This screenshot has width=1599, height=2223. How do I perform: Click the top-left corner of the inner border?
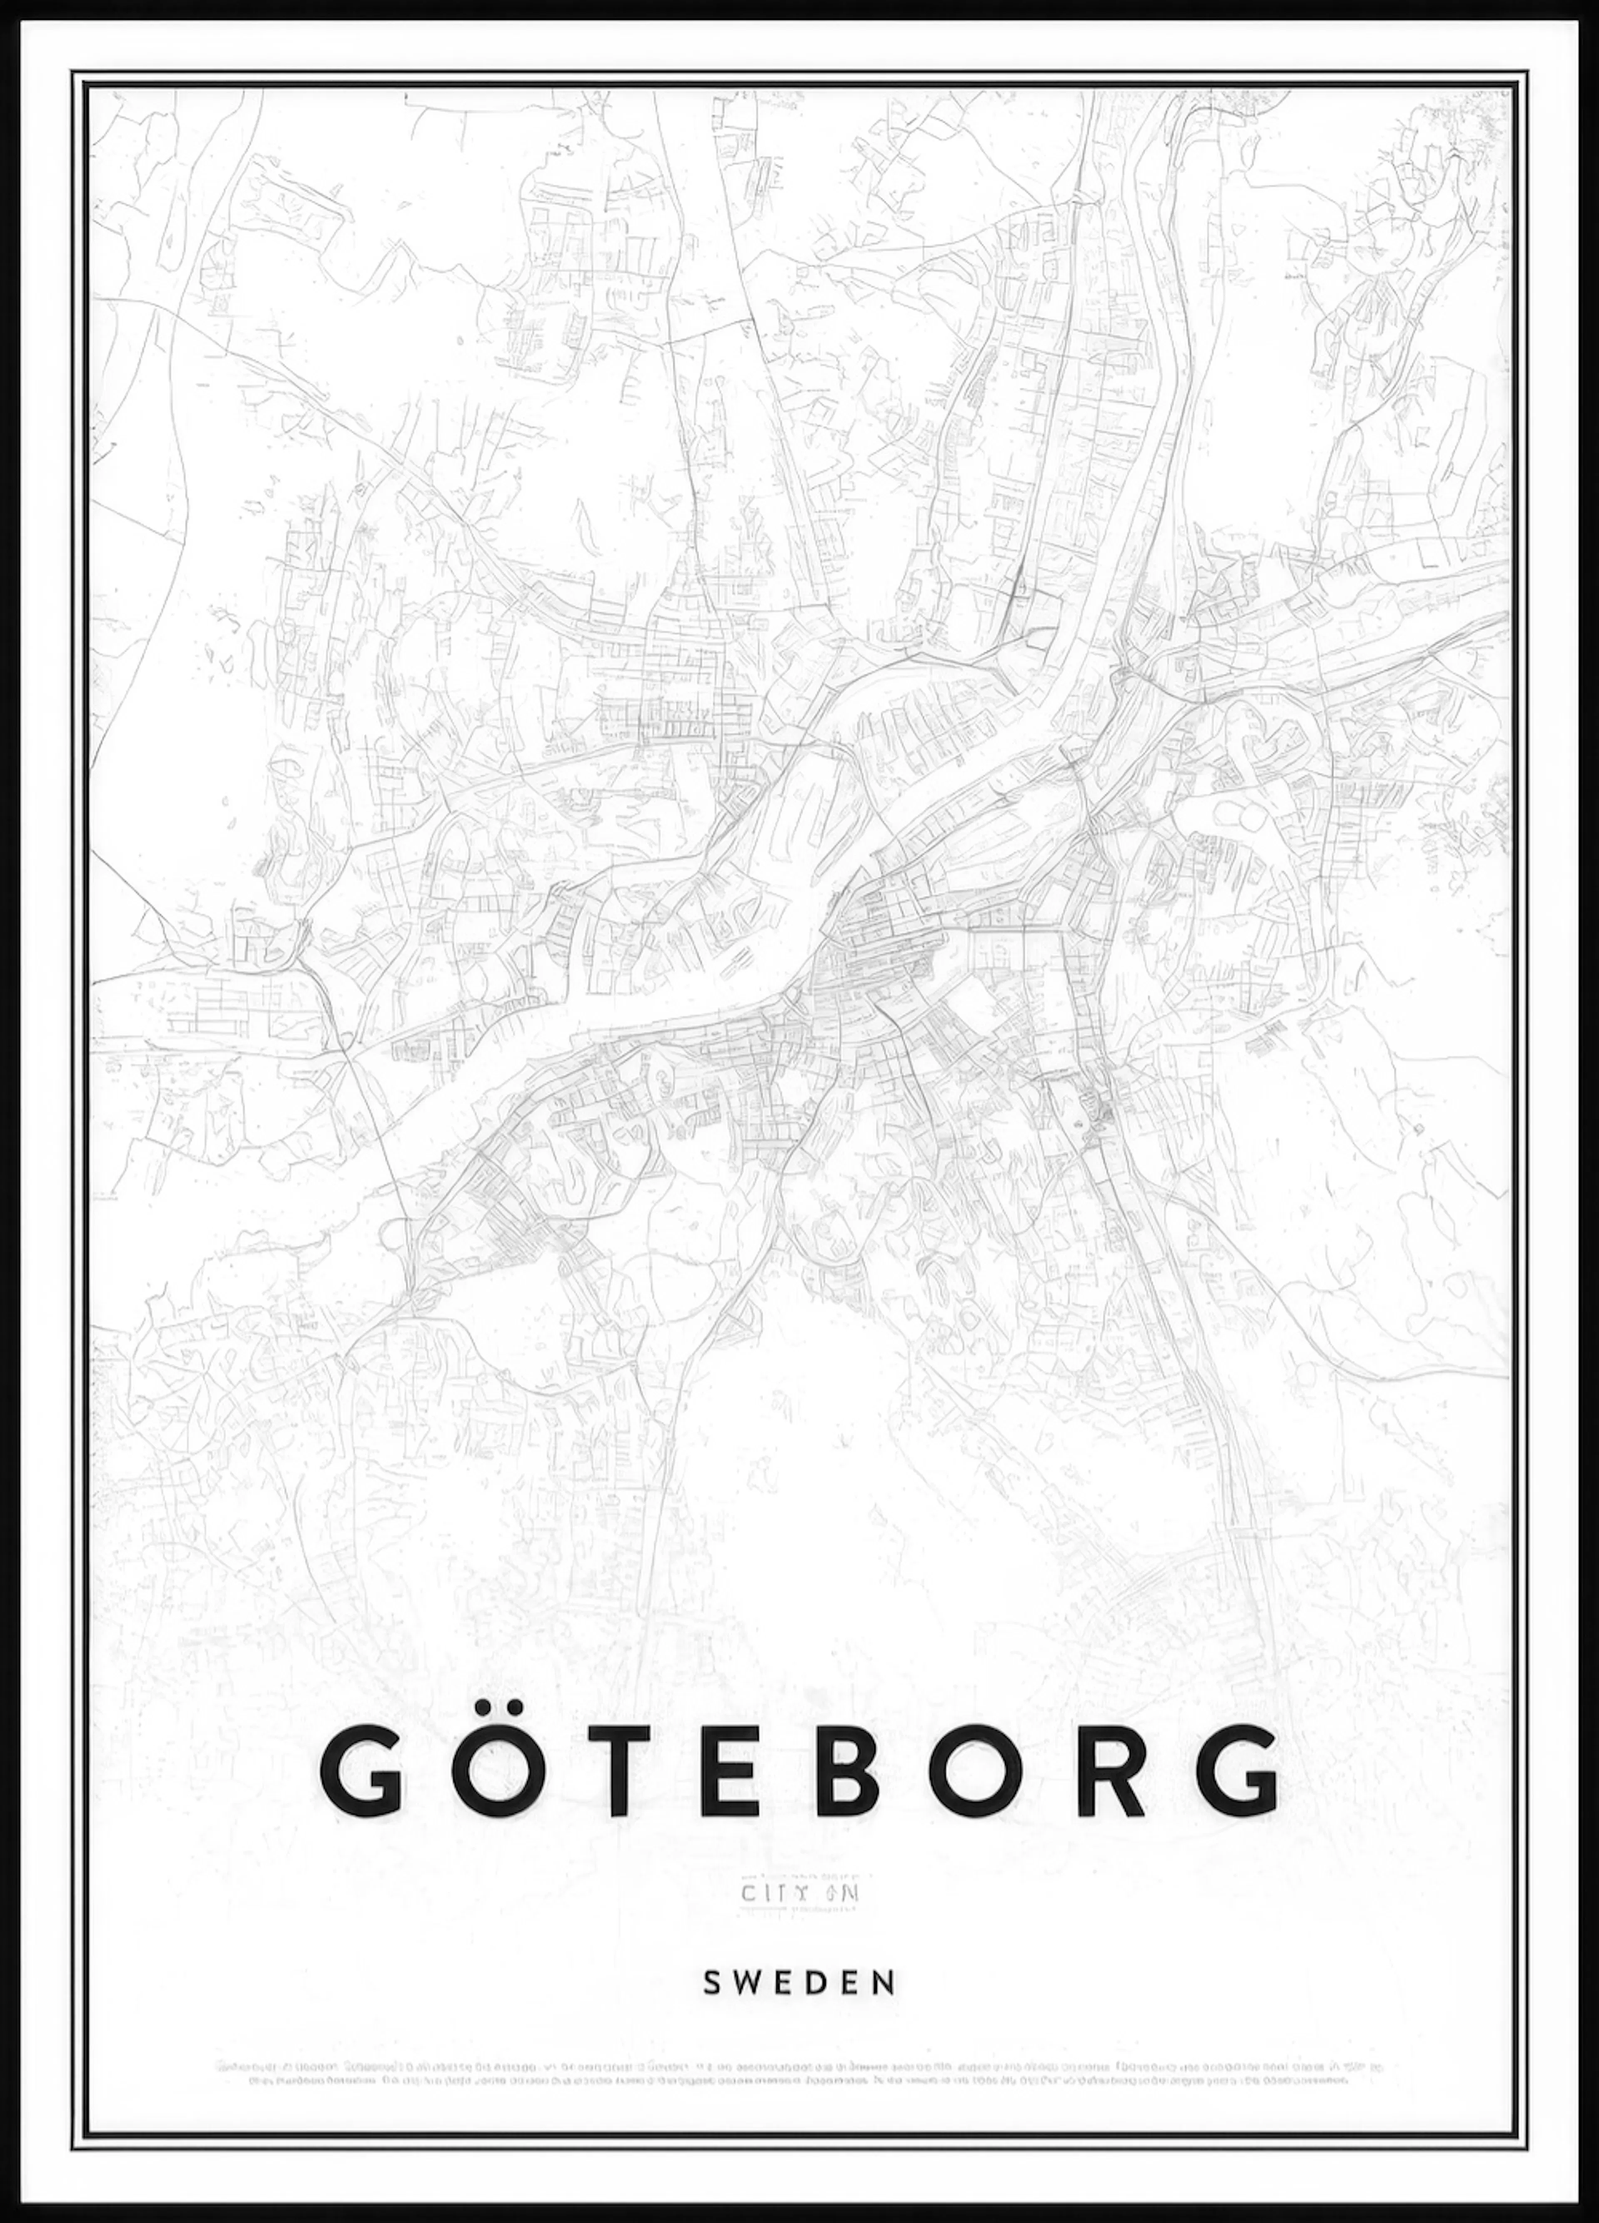(86, 86)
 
